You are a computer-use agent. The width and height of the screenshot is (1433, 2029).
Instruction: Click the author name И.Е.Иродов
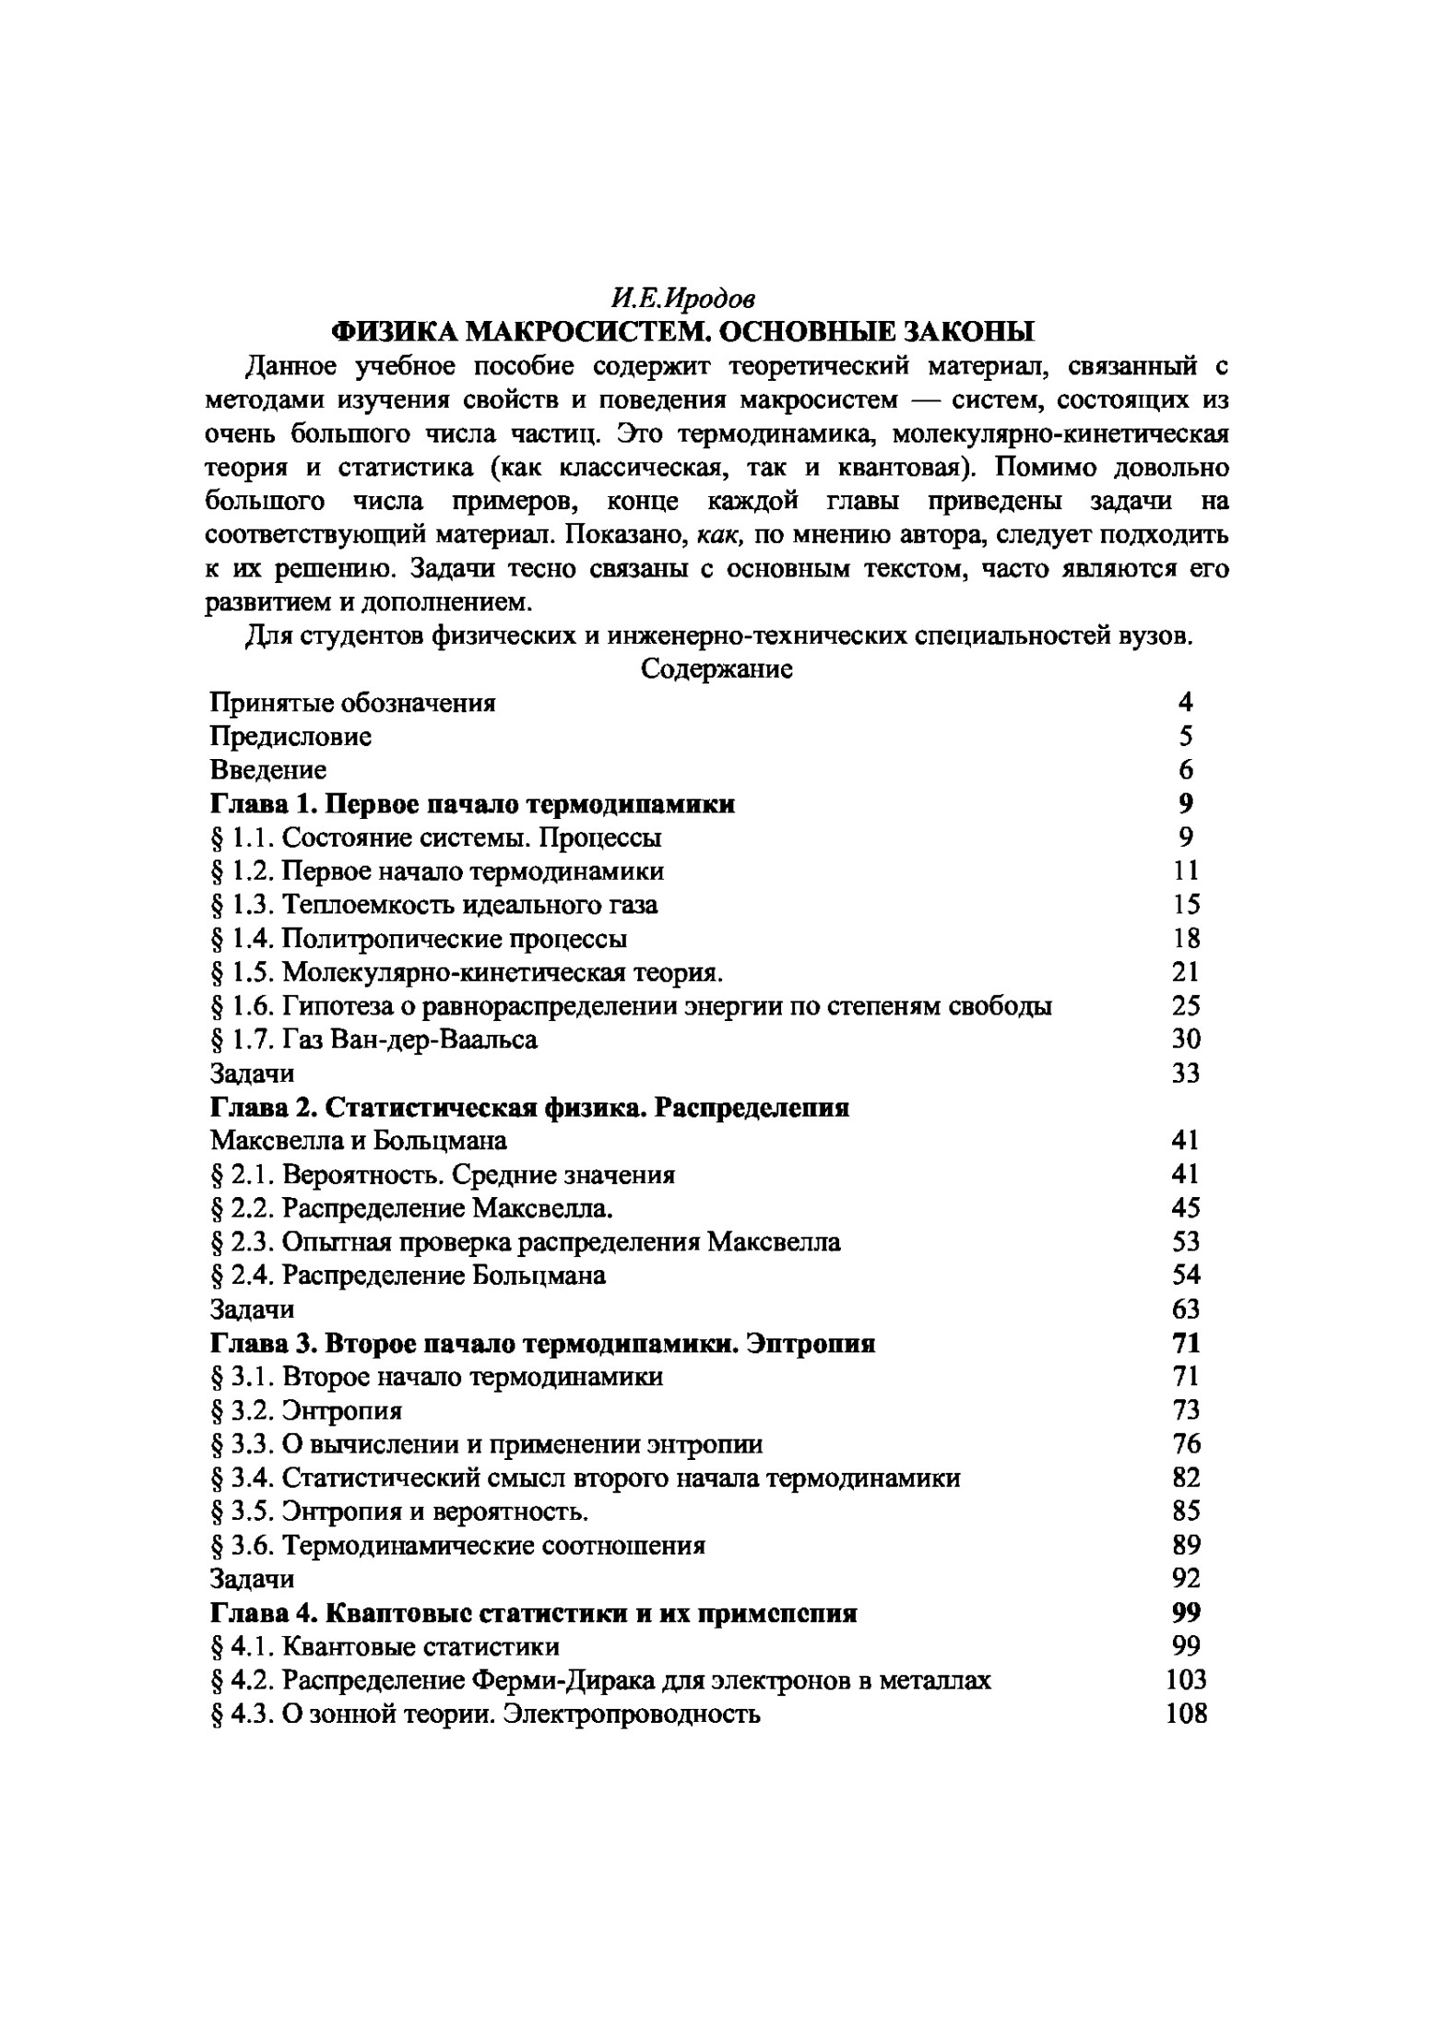coord(682,298)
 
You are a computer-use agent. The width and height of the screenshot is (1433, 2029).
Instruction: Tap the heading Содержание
coord(716,669)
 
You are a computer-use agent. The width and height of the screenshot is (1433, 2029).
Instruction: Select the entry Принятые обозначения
coord(352,703)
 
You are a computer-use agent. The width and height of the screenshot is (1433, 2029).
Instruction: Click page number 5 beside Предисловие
coord(1185,736)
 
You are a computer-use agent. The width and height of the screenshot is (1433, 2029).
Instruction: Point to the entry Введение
coord(267,769)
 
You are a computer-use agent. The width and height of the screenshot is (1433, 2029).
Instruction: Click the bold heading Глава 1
coord(472,803)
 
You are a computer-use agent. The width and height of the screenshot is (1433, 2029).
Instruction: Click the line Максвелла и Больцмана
coord(358,1141)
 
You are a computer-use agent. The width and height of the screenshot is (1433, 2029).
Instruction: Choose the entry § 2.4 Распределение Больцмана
coord(409,1276)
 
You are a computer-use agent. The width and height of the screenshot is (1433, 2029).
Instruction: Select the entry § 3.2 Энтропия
coord(306,1411)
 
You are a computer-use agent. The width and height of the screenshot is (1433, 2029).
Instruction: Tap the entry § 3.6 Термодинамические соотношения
coord(458,1546)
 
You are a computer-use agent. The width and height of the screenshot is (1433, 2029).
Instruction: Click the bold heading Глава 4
coord(534,1613)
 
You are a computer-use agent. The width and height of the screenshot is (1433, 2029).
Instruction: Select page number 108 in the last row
coord(1185,1714)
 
